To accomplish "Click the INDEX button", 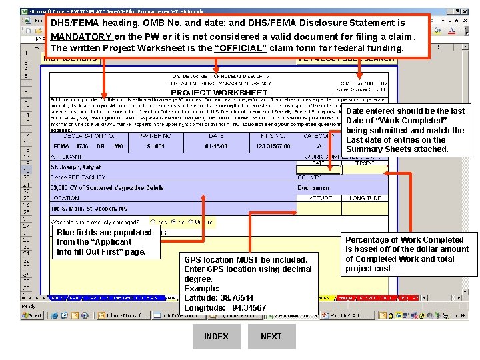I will click(216, 337).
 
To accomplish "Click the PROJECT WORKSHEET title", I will click(209, 93).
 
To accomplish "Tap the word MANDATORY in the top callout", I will click(81, 36).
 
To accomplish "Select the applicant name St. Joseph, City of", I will click(76, 167).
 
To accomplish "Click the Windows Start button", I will click(31, 315).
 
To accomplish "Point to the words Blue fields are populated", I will click(104, 233).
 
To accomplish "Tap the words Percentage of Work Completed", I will click(404, 240).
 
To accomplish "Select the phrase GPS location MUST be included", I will click(245, 260).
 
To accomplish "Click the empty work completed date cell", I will click(318, 169).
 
